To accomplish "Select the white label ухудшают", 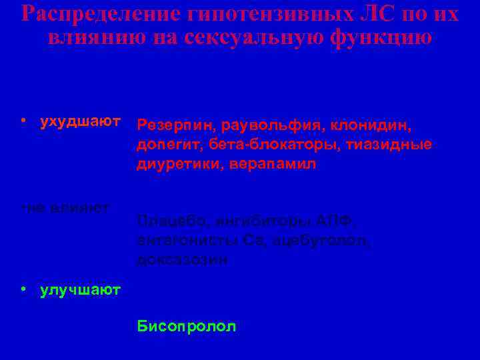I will pos(80,121).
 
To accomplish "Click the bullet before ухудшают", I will pos(23,121).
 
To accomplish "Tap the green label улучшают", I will pos(80,289).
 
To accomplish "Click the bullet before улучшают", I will pos(23,289).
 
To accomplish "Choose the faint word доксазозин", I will pos(181,259).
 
